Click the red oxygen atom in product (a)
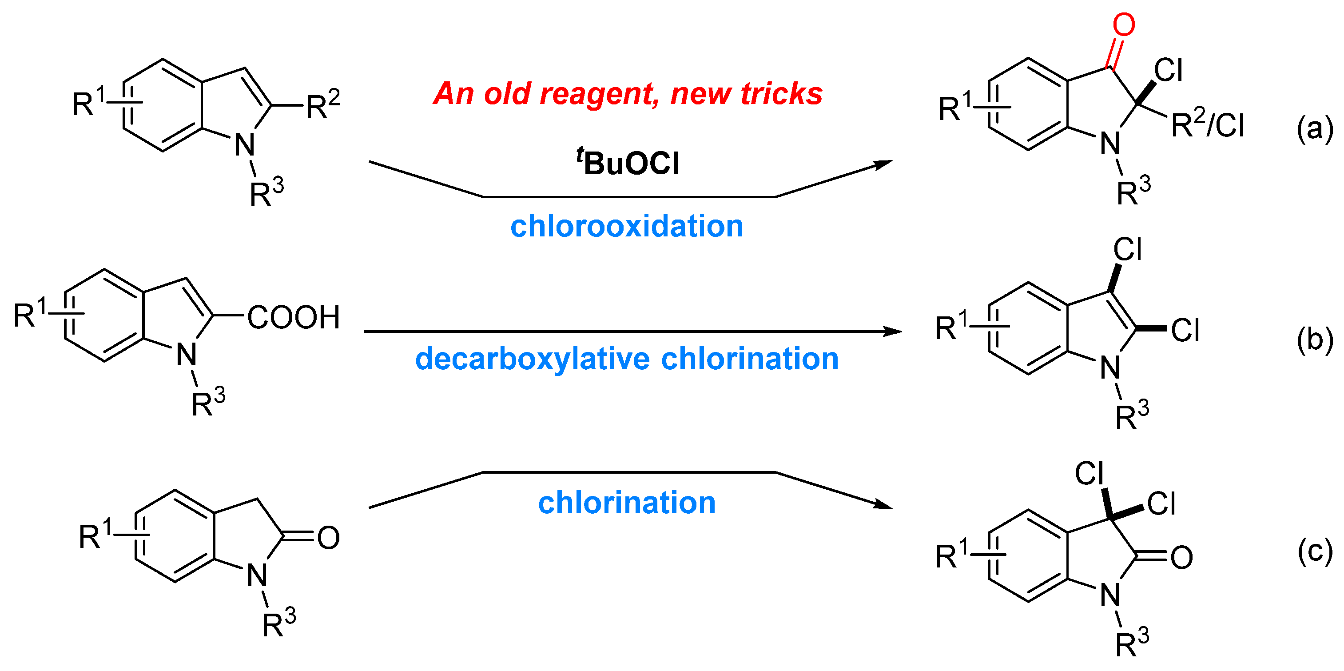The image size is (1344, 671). (x=1123, y=25)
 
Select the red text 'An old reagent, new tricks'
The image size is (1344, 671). (x=628, y=94)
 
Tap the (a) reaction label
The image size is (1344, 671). (x=1314, y=128)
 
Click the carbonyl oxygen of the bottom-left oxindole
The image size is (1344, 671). (x=328, y=538)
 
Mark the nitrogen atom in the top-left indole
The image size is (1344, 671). (x=244, y=145)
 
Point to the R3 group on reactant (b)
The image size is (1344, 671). (x=208, y=403)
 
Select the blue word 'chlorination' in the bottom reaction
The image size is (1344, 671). (x=627, y=503)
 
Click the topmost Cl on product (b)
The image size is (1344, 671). (x=1128, y=249)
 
